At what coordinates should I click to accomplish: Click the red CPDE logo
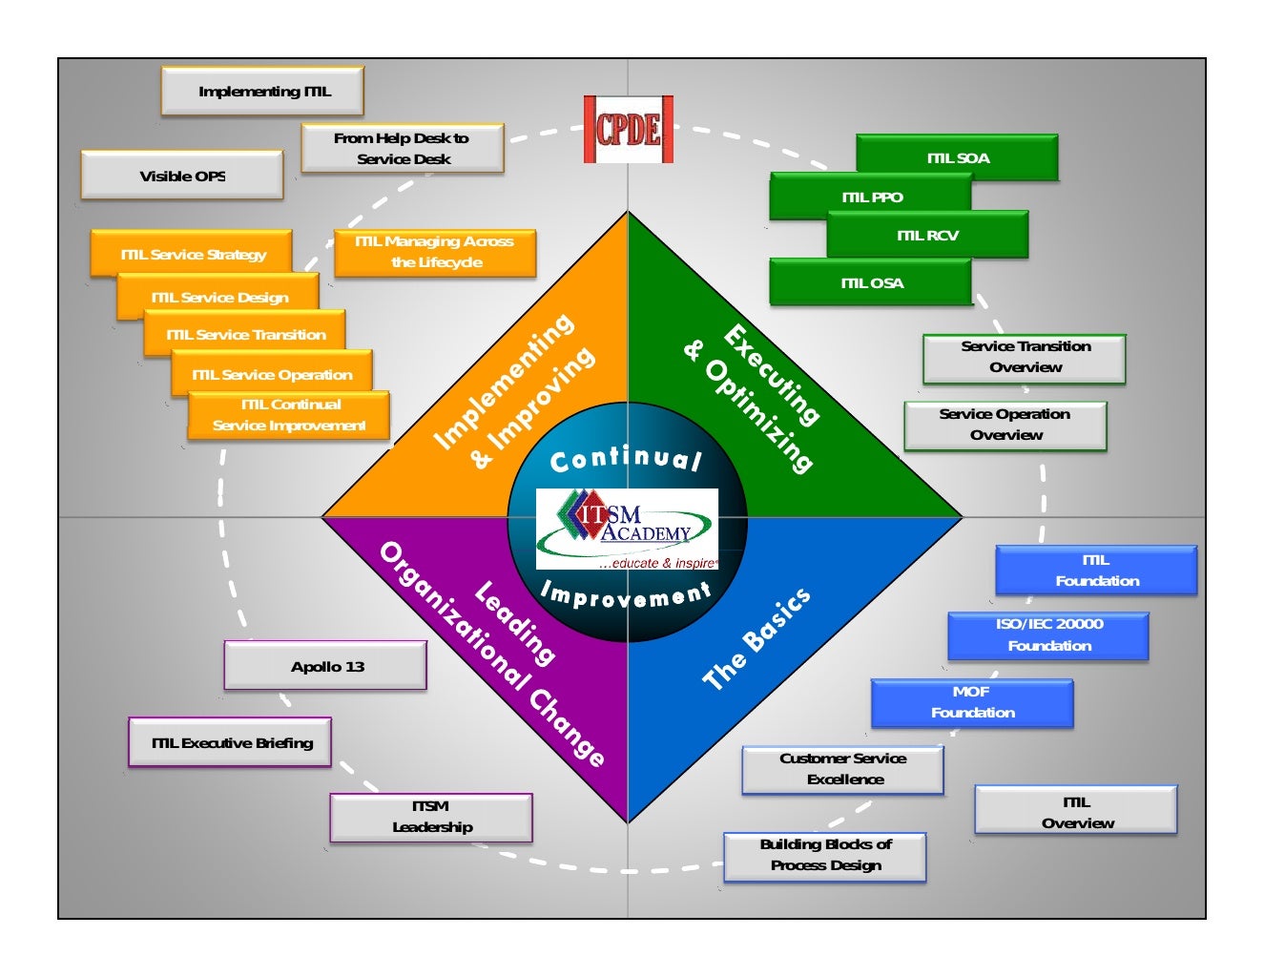coord(629,130)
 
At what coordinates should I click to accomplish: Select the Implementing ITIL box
coord(263,92)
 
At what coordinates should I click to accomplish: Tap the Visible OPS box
coord(182,176)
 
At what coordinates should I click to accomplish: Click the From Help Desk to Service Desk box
coord(403,149)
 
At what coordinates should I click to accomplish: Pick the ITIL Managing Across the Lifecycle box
coord(435,253)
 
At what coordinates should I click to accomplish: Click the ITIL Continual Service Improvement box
coord(289,416)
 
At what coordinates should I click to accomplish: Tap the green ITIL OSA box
coord(871,283)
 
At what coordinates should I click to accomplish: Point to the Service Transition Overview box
coord(1025,358)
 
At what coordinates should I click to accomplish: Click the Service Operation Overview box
coord(1005,426)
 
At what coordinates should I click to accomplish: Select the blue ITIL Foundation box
coord(1096,571)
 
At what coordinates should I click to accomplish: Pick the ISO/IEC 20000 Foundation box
coord(1048,635)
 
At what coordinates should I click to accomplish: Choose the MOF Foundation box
coord(972,703)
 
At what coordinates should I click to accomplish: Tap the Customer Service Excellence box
coord(843,770)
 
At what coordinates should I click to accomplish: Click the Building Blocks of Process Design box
coord(825,856)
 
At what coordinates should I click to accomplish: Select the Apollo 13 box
coord(326,666)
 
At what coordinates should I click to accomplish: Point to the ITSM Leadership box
coord(431,818)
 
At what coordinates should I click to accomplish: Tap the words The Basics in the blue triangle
coord(756,638)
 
